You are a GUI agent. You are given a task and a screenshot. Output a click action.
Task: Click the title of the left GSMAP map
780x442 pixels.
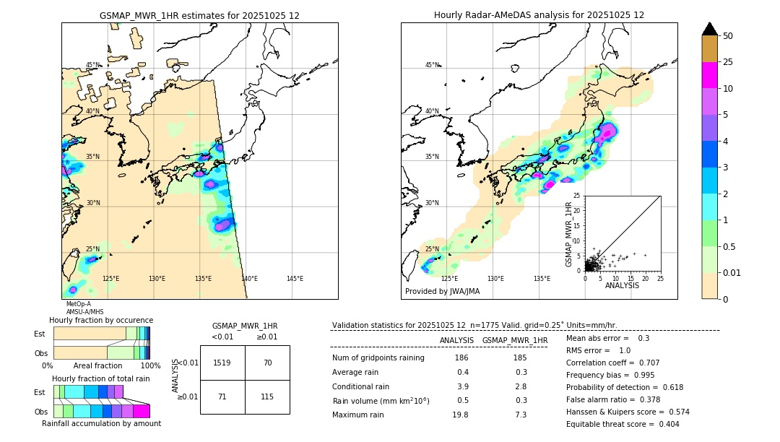click(199, 15)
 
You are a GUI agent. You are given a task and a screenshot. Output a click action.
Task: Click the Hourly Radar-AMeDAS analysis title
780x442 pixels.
click(539, 15)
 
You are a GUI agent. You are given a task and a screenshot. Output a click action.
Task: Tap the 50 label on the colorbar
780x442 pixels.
click(728, 35)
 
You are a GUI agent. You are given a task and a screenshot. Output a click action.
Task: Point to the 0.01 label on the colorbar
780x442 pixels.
click(731, 272)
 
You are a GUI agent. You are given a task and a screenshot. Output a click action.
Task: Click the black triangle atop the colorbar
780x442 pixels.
click(710, 29)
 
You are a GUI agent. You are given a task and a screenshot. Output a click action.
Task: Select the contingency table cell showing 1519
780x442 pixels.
click(222, 363)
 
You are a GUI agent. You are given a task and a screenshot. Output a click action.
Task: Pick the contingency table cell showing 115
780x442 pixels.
click(267, 397)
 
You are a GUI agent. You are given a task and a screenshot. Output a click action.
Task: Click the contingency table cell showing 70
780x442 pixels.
click(267, 363)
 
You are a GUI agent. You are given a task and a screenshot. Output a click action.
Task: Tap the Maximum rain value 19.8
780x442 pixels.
click(461, 415)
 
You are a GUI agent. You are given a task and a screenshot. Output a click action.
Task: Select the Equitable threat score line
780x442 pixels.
click(623, 424)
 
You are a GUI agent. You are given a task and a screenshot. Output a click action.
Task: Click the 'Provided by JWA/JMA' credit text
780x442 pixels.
click(442, 292)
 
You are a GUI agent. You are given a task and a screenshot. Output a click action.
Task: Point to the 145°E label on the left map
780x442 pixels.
click(295, 279)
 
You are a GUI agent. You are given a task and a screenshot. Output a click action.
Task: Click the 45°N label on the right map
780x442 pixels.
click(431, 65)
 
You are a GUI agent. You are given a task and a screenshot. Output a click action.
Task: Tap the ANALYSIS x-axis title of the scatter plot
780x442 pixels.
click(622, 285)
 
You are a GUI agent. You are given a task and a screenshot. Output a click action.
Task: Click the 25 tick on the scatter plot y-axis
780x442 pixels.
click(577, 196)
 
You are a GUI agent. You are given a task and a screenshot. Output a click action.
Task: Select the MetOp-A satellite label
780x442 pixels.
click(78, 304)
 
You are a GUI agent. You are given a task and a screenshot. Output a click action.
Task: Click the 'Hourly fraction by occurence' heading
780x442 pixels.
click(101, 320)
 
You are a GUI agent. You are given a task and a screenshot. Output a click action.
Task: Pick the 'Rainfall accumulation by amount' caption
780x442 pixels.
click(101, 423)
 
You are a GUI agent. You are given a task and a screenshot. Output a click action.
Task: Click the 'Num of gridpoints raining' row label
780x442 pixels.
click(378, 358)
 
